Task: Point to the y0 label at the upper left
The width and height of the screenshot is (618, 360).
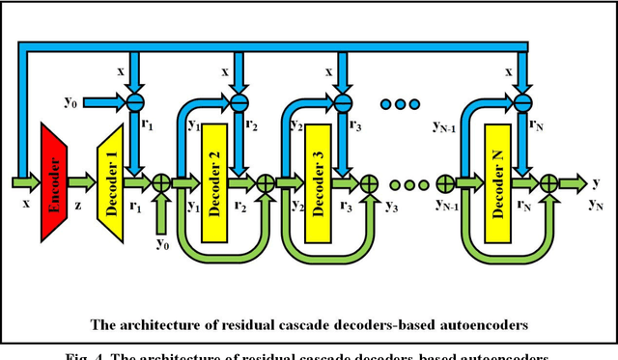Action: point(70,99)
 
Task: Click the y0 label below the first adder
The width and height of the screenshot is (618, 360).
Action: point(163,242)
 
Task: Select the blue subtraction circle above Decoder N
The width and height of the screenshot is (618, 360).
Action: point(522,98)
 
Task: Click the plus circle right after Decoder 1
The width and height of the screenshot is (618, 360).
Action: point(161,180)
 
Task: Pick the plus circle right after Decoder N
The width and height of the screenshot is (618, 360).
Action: point(548,180)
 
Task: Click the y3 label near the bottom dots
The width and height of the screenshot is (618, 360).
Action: point(392,207)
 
